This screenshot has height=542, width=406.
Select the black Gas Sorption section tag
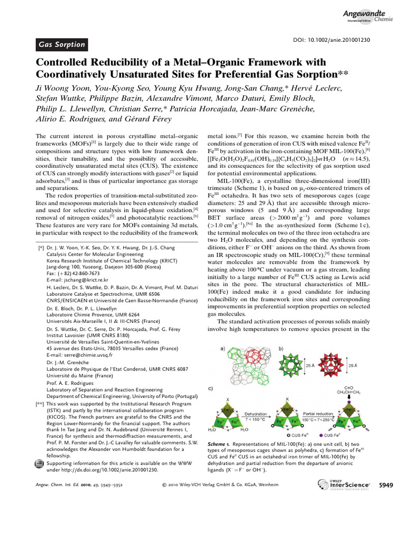click(x=62, y=45)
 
